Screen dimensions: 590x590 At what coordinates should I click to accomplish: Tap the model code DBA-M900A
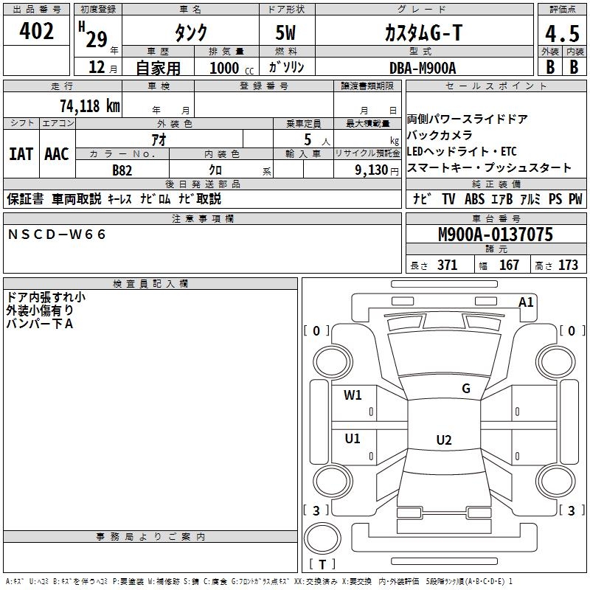(423, 67)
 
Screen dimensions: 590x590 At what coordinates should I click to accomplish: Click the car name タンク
(190, 32)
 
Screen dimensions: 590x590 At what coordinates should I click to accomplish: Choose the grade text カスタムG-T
(423, 32)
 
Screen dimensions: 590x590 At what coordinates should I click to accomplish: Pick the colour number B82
(123, 170)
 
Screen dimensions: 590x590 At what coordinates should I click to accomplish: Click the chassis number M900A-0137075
(495, 235)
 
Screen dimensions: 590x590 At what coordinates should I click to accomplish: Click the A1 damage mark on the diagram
(526, 302)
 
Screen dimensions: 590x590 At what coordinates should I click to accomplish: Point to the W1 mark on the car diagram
(353, 395)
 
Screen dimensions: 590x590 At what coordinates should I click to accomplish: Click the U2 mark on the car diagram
(444, 440)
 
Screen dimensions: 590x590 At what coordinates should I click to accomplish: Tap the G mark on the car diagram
(465, 388)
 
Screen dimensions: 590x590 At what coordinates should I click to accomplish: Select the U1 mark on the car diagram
(353, 439)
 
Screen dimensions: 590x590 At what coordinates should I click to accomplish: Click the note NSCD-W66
(58, 235)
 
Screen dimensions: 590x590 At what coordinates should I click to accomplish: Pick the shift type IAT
(21, 153)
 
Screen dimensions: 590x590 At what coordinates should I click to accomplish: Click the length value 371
(447, 265)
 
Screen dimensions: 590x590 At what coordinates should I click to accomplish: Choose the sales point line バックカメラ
(440, 135)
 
